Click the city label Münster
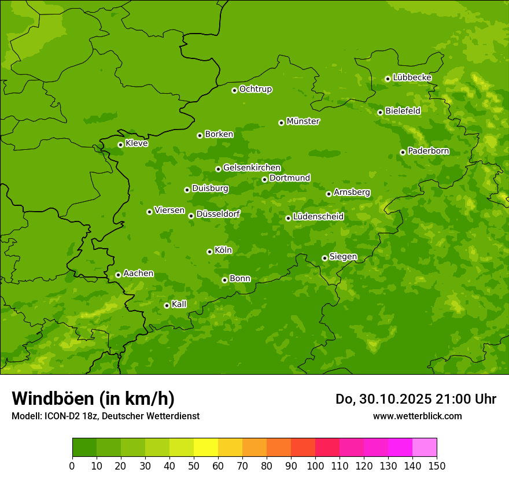pos(303,121)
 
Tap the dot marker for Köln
pos(209,252)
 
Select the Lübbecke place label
pos(412,77)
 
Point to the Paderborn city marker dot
pos(403,152)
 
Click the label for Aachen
pos(138,274)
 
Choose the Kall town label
pos(179,304)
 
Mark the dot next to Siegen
pos(324,258)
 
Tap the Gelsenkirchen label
pos(252,168)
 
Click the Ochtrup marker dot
pos(234,90)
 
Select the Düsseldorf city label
pos(218,214)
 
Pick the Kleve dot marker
pos(120,145)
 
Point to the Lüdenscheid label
pos(318,217)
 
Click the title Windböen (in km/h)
pos(93,399)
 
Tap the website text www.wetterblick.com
pos(417,416)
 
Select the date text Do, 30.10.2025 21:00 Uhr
pos(416,399)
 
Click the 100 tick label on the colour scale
pos(315,466)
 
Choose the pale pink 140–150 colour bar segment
pos(425,448)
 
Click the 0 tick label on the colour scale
pos(72,466)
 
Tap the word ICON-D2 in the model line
pos(61,416)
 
